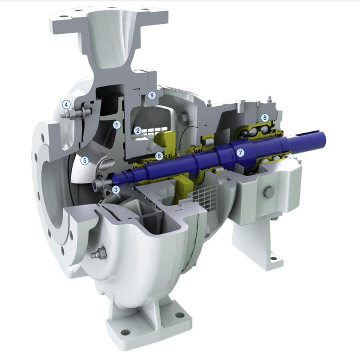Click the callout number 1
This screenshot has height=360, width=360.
pos(117,124)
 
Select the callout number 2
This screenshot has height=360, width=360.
pos(138,131)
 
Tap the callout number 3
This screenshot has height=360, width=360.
pos(116,190)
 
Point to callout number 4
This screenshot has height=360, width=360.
pos(65,104)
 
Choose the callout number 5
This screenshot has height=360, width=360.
pos(85,160)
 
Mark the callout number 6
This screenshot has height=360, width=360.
pos(159,156)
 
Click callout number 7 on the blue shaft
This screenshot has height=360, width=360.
pos(241,153)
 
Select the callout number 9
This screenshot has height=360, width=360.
pos(152,94)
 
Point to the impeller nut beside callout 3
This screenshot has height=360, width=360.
pos(100,184)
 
